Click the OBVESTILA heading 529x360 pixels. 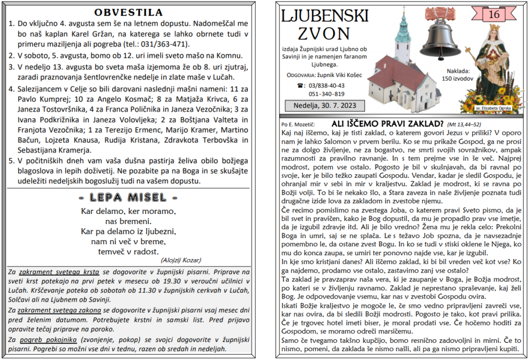click(129, 12)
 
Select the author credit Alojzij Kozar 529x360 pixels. click(181, 260)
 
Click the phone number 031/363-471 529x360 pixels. click(166, 44)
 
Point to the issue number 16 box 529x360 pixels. click(493, 14)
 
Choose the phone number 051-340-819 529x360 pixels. click(327, 93)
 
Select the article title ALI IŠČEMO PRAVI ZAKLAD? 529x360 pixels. click(387, 124)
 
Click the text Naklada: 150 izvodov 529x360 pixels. click(457, 75)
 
